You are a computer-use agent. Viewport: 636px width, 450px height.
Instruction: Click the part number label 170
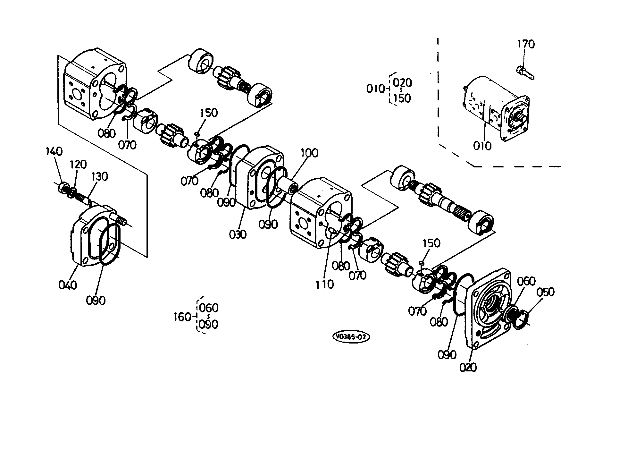tap(526, 44)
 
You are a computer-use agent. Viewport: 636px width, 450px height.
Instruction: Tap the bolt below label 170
tap(525, 72)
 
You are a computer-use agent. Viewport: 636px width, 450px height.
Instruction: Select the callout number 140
tap(54, 151)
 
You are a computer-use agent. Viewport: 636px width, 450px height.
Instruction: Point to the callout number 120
tap(79, 165)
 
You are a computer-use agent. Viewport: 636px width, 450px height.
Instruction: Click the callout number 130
tap(100, 176)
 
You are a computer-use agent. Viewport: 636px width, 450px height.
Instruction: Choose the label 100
tap(309, 153)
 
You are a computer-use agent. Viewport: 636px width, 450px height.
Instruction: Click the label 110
tap(324, 284)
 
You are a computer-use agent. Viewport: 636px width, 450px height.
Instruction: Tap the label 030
tap(238, 234)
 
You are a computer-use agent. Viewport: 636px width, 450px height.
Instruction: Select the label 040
tap(68, 284)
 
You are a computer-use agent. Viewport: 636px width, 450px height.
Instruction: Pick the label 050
tap(545, 292)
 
